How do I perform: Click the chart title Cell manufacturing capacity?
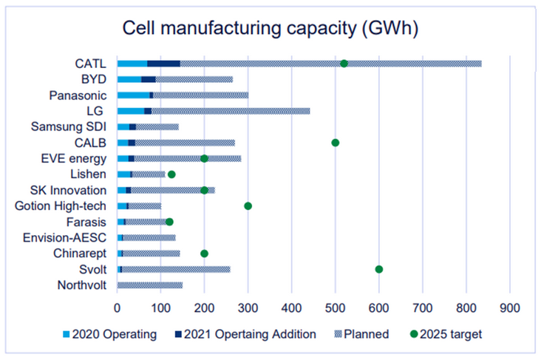[271, 29]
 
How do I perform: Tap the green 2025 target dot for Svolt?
[379, 269]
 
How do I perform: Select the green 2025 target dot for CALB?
[335, 142]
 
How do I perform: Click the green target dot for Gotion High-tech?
[248, 206]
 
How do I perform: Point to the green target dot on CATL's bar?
[344, 64]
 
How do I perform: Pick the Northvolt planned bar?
[150, 285]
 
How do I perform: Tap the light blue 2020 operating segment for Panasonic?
[133, 95]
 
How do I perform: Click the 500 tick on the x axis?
[335, 305]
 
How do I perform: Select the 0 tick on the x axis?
[118, 305]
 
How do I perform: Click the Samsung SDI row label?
[69, 126]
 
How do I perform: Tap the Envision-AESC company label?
[65, 237]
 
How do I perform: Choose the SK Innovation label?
[68, 190]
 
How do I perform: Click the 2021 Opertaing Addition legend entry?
[245, 334]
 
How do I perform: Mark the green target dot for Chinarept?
[204, 254]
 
